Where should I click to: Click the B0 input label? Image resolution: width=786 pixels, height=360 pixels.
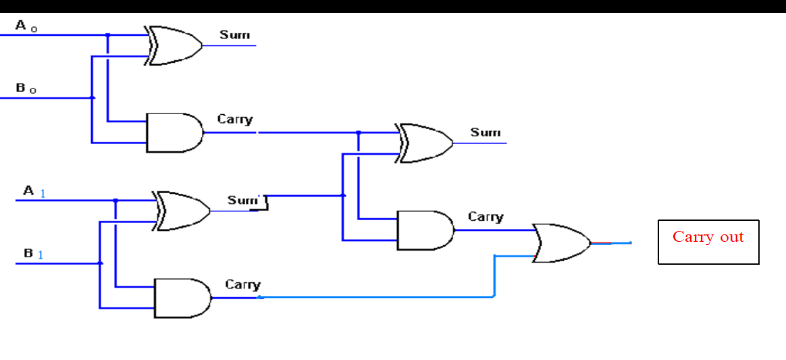[x=26, y=88]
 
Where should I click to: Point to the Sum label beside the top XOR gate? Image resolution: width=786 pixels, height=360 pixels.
[x=234, y=35]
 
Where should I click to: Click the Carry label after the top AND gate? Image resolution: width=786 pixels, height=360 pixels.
[x=235, y=120]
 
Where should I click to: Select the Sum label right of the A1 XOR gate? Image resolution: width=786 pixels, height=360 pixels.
[x=243, y=200]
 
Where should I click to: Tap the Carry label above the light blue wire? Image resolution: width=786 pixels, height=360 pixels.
[x=243, y=285]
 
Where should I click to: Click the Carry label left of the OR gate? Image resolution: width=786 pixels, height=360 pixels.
[x=486, y=217]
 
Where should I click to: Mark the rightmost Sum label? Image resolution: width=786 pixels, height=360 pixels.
[x=486, y=132]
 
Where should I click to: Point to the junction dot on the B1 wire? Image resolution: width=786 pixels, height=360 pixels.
[x=100, y=263]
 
